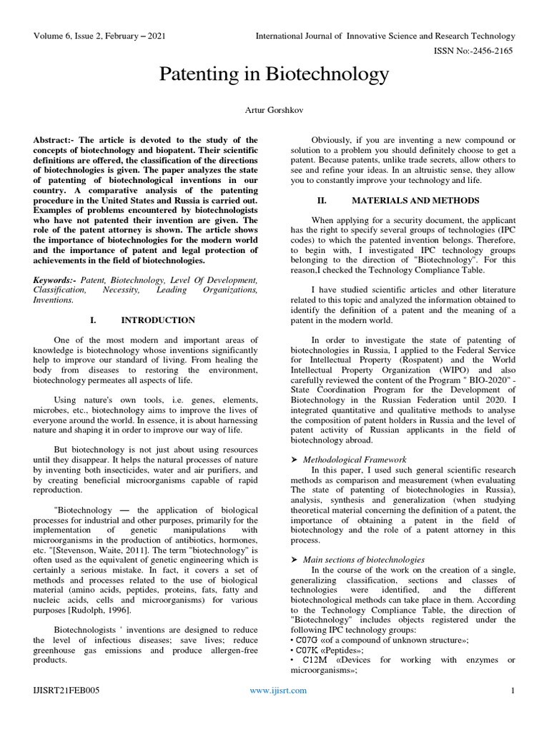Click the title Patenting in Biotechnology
pos(274,74)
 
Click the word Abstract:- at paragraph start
pos(56,140)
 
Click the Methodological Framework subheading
pos(355,458)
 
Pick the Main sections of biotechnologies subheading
pos(364,559)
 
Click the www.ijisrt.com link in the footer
pos(279,691)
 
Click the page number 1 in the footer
pos(513,691)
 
